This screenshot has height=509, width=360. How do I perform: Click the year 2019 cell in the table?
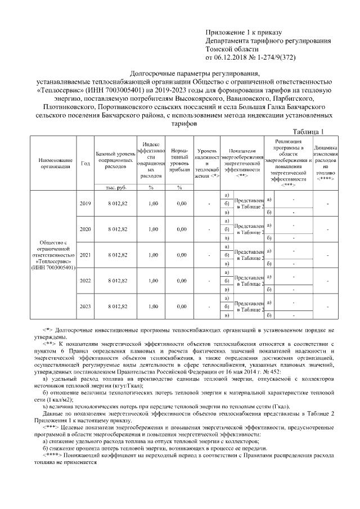click(x=85, y=204)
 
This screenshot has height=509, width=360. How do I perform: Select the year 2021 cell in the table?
click(x=85, y=255)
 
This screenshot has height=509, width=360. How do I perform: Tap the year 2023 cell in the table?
click(x=85, y=306)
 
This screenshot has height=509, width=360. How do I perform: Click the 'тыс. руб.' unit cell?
click(x=114, y=187)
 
